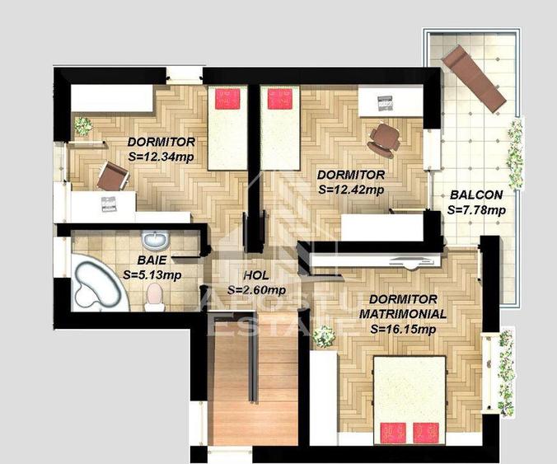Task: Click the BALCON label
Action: pos(475,195)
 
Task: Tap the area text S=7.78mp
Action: pos(475,209)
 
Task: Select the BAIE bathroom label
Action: pos(139,260)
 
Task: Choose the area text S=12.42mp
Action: pos(350,189)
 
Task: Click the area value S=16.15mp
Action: pos(402,328)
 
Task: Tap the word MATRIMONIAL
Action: pos(403,313)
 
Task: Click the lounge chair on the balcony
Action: pos(473,78)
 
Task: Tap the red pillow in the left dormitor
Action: pos(227,101)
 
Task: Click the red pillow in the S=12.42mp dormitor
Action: pos(279,100)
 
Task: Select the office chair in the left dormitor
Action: pos(112,176)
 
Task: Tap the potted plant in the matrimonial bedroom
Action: pos(325,336)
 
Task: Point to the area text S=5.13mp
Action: pos(152,274)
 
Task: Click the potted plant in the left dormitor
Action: pos(82,125)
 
